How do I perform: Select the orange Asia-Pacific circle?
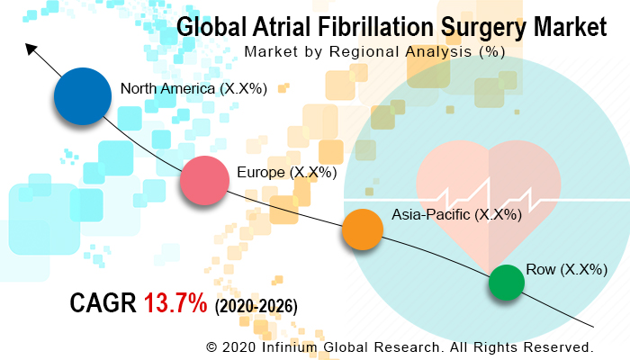tap(363, 229)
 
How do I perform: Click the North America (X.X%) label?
tap(193, 89)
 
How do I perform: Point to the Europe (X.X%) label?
tap(286, 171)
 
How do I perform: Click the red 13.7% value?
tap(175, 305)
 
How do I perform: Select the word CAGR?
tap(103, 305)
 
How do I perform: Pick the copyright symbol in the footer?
tap(212, 346)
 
